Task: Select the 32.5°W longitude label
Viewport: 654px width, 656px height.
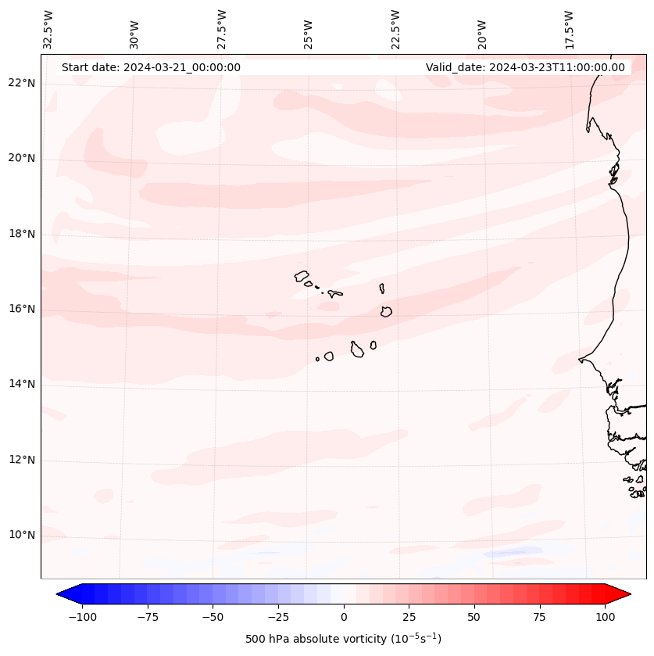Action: tap(48, 30)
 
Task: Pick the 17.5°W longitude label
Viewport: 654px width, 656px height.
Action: tap(569, 30)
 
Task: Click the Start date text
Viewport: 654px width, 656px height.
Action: tap(151, 67)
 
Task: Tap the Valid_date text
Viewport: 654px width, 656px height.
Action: tap(525, 67)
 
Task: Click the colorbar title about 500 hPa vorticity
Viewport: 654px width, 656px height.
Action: tap(343, 640)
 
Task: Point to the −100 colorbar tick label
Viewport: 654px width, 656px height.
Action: tap(82, 617)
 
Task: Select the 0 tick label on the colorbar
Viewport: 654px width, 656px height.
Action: tap(344, 617)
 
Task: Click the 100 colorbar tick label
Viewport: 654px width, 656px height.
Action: tap(605, 617)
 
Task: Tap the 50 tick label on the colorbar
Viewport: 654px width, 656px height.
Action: tap(474, 617)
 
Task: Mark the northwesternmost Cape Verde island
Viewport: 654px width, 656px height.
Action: tap(302, 275)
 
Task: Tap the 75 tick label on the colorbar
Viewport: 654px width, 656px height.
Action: tap(539, 617)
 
